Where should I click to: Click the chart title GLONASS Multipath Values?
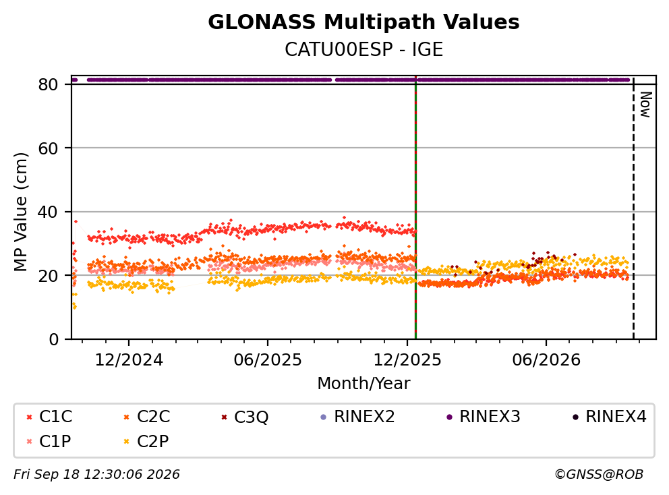pos(363,22)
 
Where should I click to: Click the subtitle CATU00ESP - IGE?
pos(363,49)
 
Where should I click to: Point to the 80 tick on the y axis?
pos(48,84)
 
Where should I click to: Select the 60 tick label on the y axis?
pos(48,148)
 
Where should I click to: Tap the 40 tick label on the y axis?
pos(48,212)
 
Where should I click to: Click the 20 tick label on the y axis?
pos(48,275)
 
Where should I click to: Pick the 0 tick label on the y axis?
pos(54,339)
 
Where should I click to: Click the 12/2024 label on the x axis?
pos(128,359)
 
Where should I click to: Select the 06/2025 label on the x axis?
pos(268,359)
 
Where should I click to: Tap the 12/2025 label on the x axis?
pos(407,359)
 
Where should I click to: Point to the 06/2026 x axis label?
pos(546,359)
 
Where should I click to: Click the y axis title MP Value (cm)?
pos(20,212)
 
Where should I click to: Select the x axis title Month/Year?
pos(363,383)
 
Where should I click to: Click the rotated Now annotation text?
pos(645,105)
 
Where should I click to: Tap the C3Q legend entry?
pos(245,416)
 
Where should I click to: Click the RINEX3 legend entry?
pos(484,416)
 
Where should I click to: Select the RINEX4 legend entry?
pos(609,416)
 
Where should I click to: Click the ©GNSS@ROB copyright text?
pos(599,474)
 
